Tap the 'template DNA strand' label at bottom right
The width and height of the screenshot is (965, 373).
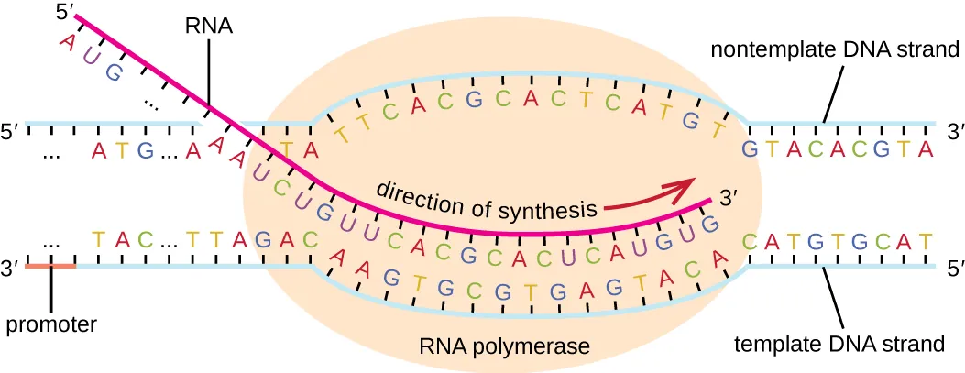point(839,344)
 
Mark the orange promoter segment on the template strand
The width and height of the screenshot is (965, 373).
point(50,266)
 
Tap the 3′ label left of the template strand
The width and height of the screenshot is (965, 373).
point(10,269)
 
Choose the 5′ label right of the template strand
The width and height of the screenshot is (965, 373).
point(954,269)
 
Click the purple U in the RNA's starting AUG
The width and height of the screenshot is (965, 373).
point(89,56)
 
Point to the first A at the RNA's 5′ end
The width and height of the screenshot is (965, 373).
point(65,40)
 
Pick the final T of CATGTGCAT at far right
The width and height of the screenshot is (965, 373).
point(927,242)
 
